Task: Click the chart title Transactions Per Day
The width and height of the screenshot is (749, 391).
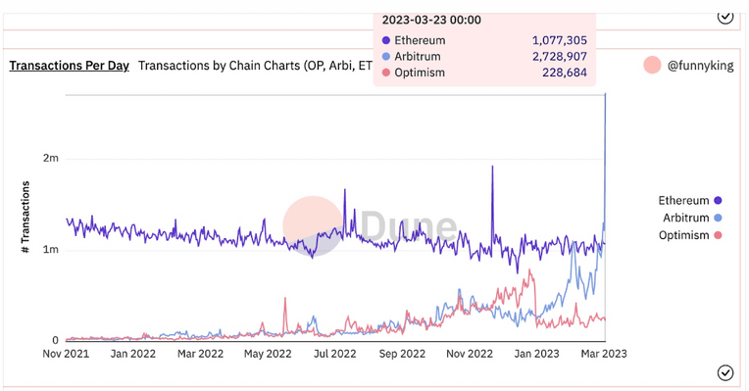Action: tap(69, 66)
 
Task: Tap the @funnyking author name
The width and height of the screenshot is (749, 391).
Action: tap(701, 66)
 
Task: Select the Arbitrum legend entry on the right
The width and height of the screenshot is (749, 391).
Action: tap(688, 218)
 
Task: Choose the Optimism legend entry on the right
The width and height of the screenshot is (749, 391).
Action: tap(686, 235)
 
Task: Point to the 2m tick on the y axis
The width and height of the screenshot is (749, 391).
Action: tap(49, 158)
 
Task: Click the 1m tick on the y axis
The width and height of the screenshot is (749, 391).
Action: tap(49, 250)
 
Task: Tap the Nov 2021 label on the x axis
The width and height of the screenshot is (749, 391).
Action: tap(67, 354)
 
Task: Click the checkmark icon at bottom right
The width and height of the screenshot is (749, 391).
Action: tap(725, 372)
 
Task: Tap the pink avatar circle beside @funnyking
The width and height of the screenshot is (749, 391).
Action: tap(652, 66)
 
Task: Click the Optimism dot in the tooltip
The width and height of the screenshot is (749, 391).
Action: tap(385, 73)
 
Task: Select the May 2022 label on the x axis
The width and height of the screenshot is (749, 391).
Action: tap(267, 354)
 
